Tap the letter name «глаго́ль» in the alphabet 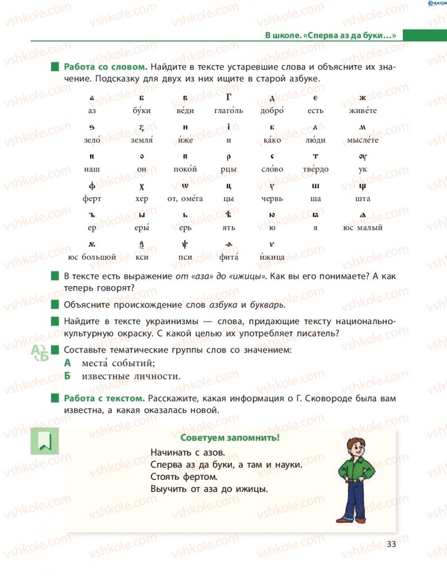(229, 111)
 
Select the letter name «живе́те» (363, 111)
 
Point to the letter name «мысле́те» (363, 140)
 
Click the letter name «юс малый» (363, 228)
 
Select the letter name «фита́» (229, 257)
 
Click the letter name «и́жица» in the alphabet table (272, 257)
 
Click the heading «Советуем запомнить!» (230, 438)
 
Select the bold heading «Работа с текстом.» (104, 399)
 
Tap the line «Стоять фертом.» (183, 477)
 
